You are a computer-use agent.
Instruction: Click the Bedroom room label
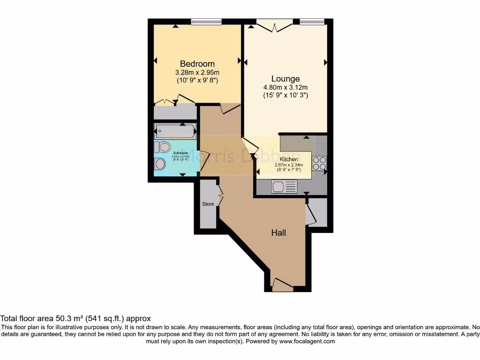197,64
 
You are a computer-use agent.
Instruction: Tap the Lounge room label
285,79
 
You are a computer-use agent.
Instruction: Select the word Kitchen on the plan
289,159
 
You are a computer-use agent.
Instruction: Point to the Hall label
278,232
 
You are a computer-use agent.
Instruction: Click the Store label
208,204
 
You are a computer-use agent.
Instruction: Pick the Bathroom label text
180,153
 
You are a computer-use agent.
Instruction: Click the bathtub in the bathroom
175,131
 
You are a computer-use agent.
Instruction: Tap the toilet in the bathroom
163,147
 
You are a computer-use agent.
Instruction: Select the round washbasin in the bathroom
160,164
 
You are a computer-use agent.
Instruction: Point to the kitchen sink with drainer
284,187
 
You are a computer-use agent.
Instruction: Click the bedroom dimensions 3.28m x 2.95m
197,73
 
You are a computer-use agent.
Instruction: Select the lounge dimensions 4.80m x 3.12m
285,88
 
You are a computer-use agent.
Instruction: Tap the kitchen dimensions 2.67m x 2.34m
289,165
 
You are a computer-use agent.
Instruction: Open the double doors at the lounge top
274,26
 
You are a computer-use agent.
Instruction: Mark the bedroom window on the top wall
206,21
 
